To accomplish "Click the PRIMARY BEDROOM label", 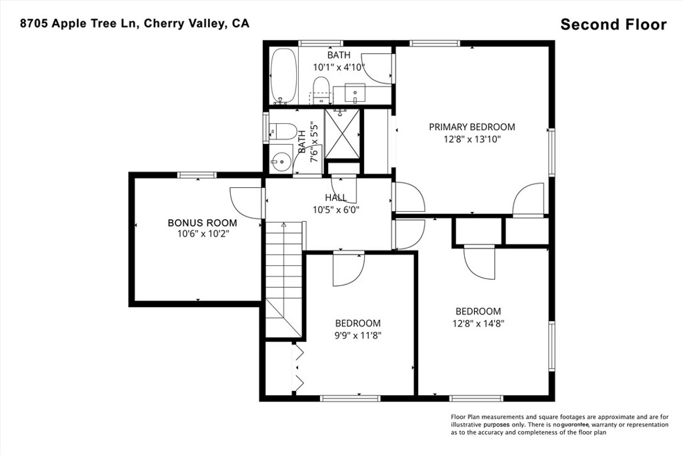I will pyautogui.click(x=472, y=127).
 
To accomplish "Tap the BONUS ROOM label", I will pyautogui.click(x=202, y=223).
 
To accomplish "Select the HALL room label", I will pyautogui.click(x=336, y=198).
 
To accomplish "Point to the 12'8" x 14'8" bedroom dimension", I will pyautogui.click(x=478, y=324).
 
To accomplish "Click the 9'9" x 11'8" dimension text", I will pyautogui.click(x=358, y=335).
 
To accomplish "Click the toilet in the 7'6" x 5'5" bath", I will pyautogui.click(x=283, y=131).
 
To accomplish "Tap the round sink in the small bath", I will pyautogui.click(x=279, y=161).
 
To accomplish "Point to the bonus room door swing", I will pyautogui.click(x=245, y=202).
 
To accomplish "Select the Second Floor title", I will pyautogui.click(x=613, y=25).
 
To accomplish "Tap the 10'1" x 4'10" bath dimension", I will pyautogui.click(x=339, y=67).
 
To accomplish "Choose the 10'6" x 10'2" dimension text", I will pyautogui.click(x=202, y=234).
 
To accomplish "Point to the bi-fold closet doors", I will pyautogui.click(x=299, y=366).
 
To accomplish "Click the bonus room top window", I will pyautogui.click(x=197, y=175).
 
